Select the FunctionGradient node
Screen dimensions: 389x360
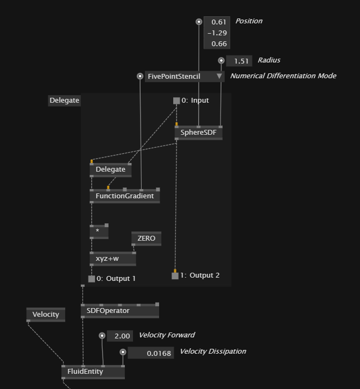[124, 196]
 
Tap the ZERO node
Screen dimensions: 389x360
[146, 239]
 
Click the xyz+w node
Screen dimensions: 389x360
[112, 259]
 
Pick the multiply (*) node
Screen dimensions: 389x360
[99, 231]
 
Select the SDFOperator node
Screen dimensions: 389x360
[119, 311]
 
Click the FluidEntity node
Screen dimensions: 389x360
[93, 372]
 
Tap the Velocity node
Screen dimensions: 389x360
[46, 315]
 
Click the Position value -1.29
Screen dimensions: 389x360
[217, 33]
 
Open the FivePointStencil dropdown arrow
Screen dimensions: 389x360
[219, 77]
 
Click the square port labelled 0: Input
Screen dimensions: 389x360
[176, 101]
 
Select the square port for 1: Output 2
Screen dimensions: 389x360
[175, 276]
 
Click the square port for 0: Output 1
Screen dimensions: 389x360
[91, 279]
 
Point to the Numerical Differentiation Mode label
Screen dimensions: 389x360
[283, 76]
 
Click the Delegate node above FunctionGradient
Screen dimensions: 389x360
[110, 170]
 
